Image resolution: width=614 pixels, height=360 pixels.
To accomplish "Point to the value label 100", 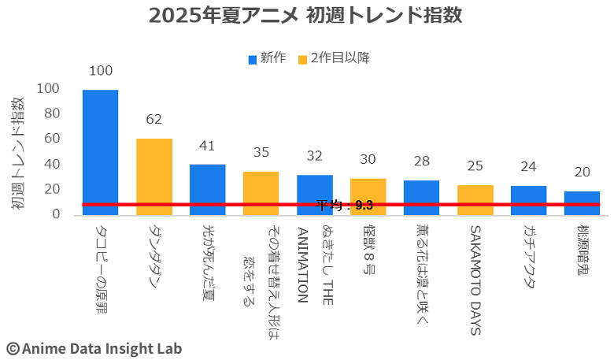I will pos(101,71).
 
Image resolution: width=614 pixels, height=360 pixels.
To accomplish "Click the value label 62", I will pos(153,119).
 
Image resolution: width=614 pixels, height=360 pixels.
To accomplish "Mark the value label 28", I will pos(421,161).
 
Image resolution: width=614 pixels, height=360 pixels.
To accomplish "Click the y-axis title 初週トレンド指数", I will pos(17,154).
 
